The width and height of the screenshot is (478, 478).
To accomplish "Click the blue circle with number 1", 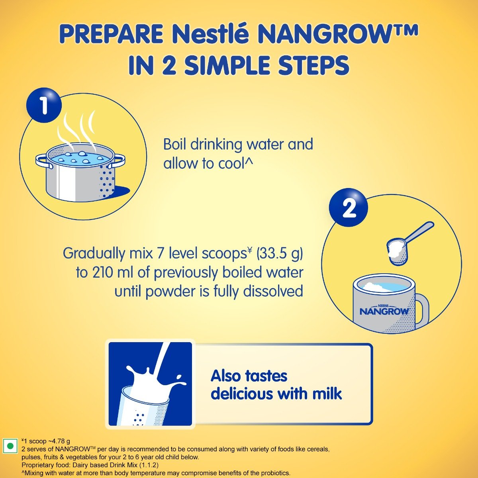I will [x=44, y=106].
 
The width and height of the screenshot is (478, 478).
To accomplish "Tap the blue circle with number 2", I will [x=348, y=208].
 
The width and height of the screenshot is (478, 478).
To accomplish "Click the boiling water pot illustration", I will [x=81, y=171].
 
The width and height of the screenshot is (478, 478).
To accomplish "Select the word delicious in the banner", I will [x=242, y=394].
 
